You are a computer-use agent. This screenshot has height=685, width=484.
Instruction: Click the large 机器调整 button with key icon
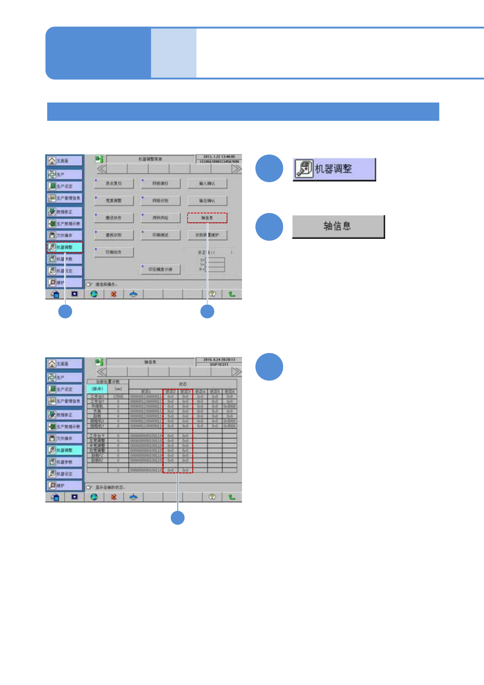[334, 169]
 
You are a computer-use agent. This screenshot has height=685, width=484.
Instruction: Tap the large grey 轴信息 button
[338, 227]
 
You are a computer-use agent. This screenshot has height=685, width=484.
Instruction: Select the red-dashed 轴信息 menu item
[207, 218]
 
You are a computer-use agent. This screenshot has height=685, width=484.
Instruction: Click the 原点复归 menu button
[114, 183]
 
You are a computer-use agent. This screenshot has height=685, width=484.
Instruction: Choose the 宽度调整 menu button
[114, 201]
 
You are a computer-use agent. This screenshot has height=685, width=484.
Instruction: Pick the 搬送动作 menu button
[114, 218]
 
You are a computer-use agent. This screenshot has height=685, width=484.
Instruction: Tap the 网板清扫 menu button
[160, 183]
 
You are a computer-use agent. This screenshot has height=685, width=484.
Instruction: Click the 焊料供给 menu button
[160, 218]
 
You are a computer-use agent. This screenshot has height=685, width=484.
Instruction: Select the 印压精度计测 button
[160, 269]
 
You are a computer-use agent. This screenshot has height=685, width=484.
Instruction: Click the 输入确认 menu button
[207, 183]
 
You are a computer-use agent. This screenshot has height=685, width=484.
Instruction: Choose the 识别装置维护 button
[207, 235]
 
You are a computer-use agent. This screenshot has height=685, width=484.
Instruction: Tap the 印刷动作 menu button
[114, 252]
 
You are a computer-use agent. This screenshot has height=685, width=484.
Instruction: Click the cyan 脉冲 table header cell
[97, 389]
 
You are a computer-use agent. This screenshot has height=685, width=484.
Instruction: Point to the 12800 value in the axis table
[118, 396]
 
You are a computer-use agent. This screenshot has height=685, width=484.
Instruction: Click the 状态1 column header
[146, 392]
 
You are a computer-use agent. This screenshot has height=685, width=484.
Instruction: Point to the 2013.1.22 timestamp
[219, 157]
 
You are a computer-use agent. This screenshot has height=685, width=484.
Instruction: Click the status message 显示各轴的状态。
[110, 487]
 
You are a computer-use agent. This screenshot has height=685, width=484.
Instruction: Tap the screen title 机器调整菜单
[150, 159]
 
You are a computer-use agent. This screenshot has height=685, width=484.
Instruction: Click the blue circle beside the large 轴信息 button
[269, 227]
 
